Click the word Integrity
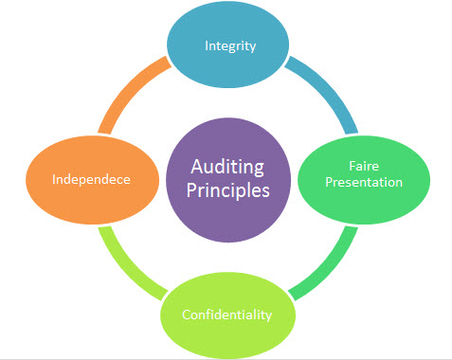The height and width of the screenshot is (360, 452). (231, 45)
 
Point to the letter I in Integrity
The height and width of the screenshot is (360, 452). (208, 45)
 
